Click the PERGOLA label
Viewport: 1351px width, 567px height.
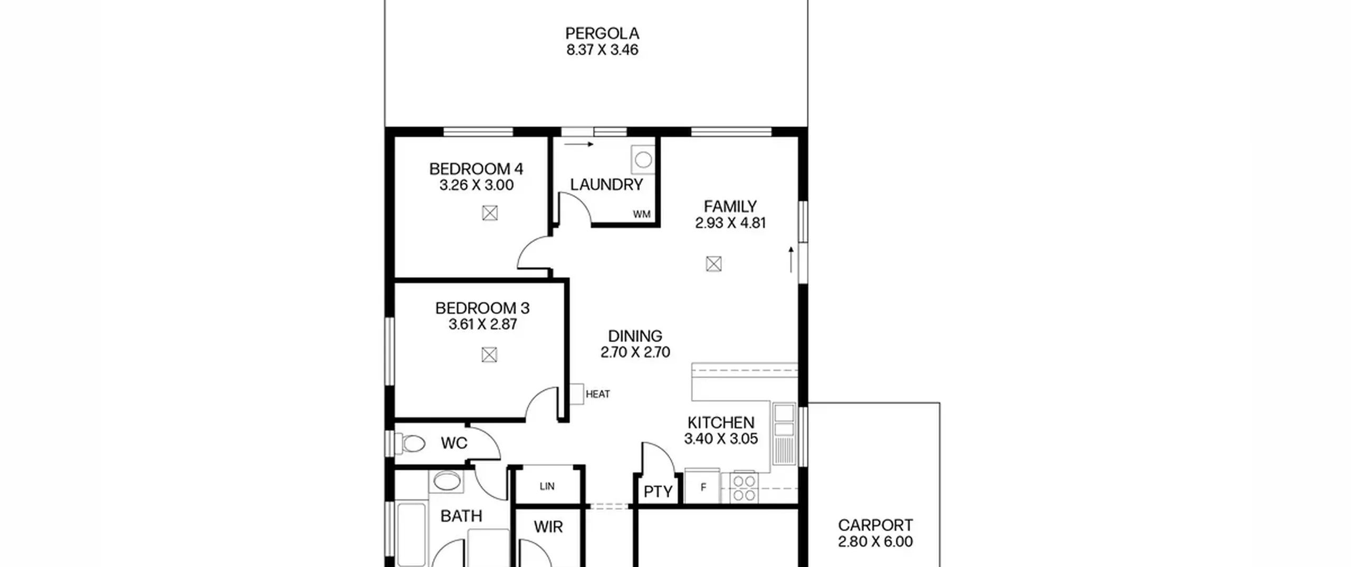pos(602,33)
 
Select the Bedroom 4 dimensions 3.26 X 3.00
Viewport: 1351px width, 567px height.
pos(477,185)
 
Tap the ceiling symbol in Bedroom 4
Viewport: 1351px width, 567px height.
pos(490,213)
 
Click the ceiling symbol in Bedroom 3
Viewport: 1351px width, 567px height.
pos(489,355)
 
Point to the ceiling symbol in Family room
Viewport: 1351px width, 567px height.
pos(713,264)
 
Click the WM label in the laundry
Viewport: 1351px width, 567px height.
pos(642,215)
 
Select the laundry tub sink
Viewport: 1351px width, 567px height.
pos(643,159)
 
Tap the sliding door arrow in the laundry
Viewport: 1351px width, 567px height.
pos(579,144)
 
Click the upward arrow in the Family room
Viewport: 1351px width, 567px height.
pos(791,260)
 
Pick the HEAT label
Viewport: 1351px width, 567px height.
pos(598,394)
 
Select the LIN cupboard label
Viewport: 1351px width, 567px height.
pos(547,486)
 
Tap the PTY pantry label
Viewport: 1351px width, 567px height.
pos(658,492)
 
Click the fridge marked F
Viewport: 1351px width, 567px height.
pos(702,486)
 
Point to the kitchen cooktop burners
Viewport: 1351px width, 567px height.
pos(744,488)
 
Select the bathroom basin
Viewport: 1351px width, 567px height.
pos(447,481)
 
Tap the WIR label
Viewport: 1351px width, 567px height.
pos(548,526)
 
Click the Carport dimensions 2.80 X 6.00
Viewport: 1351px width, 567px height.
pos(876,542)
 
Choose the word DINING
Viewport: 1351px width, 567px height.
pos(635,336)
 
